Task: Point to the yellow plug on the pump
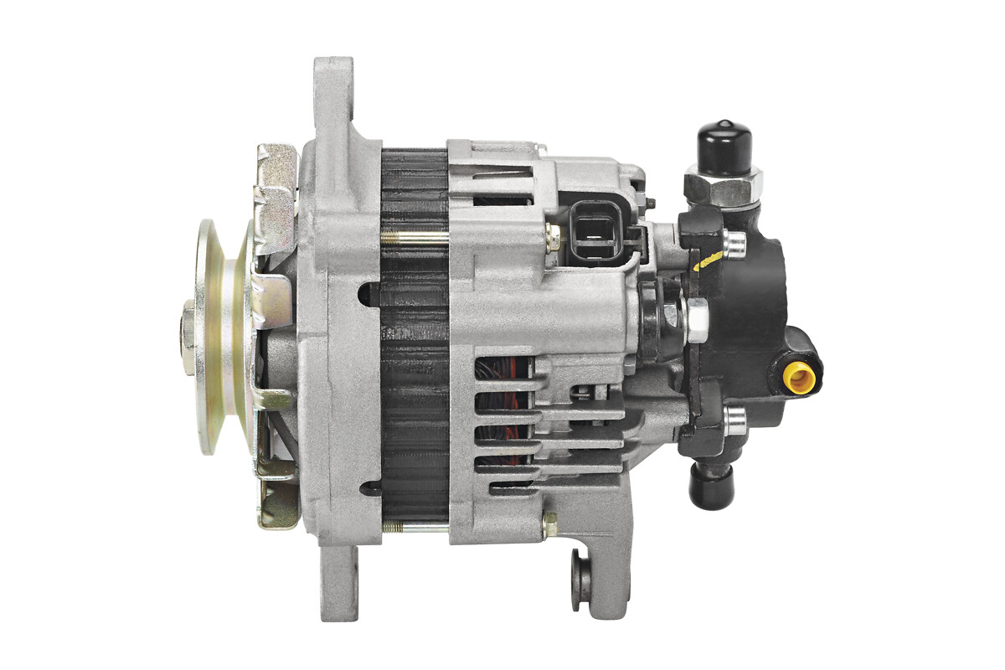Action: click(800, 378)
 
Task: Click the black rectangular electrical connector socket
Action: click(596, 229)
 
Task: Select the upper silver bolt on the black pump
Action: click(734, 243)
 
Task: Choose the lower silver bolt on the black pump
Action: click(734, 420)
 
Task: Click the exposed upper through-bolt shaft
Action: click(415, 237)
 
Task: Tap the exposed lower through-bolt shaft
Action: click(415, 528)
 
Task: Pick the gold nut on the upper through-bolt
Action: click(552, 238)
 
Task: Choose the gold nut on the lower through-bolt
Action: click(549, 525)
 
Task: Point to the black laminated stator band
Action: click(414, 335)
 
